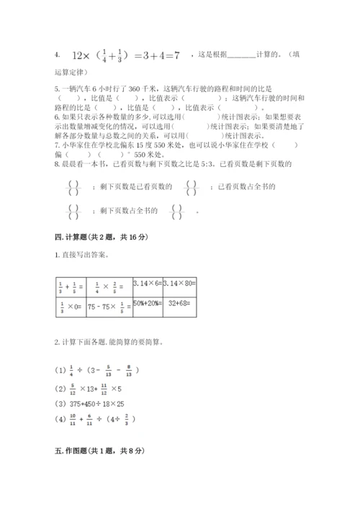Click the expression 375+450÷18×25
coord(99,403)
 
